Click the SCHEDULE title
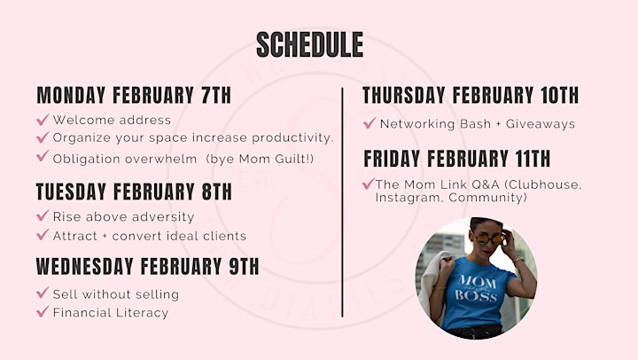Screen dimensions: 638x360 (x=309, y=44)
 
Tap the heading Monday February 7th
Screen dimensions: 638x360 (x=134, y=95)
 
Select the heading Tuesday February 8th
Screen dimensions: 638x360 (x=134, y=192)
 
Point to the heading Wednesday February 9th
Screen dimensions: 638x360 (x=148, y=266)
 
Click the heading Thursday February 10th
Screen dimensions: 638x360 (x=471, y=95)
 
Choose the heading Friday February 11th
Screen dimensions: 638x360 (x=457, y=159)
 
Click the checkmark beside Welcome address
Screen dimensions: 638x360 (x=43, y=120)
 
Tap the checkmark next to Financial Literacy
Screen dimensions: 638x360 (x=43, y=311)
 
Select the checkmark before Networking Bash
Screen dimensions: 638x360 (x=369, y=123)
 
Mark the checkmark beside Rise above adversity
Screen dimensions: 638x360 (x=43, y=215)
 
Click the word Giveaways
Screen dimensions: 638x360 (x=541, y=124)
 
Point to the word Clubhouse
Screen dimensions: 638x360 (x=543, y=184)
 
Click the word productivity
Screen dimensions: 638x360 (x=292, y=137)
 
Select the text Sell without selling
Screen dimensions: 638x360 (x=116, y=294)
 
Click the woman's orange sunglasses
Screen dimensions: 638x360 (x=489, y=239)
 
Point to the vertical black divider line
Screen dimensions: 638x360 (x=342, y=202)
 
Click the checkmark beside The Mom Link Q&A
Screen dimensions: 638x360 (x=369, y=184)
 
